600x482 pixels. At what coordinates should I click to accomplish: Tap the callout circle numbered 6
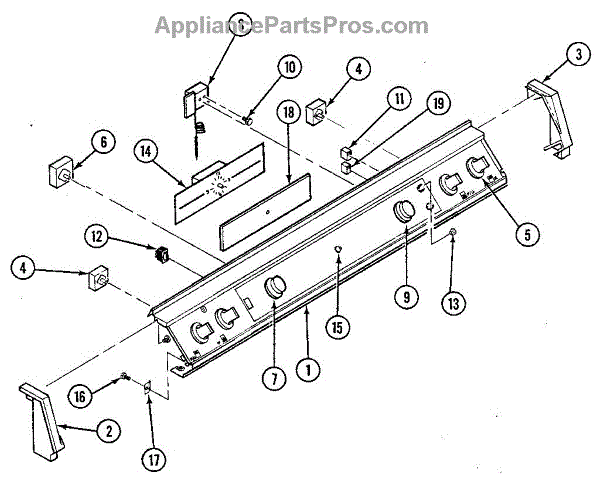pyautogui.click(x=103, y=143)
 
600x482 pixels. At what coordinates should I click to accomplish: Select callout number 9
pyautogui.click(x=404, y=296)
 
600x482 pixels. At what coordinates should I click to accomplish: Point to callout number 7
pyautogui.click(x=271, y=377)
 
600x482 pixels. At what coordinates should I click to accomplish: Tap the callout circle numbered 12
pyautogui.click(x=123, y=236)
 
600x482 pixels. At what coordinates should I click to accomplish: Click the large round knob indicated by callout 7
pyautogui.click(x=273, y=290)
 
